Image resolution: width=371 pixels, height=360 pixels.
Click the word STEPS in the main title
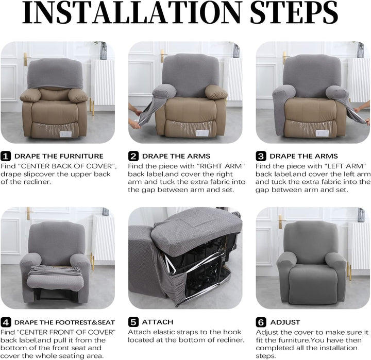click(294, 12)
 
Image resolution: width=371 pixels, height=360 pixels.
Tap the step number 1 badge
click(6, 156)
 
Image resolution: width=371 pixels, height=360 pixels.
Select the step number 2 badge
click(133, 156)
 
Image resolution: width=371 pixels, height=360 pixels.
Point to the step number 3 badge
click(261, 156)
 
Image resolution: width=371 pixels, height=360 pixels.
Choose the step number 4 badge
click(6, 322)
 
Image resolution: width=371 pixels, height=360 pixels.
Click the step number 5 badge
click(133, 322)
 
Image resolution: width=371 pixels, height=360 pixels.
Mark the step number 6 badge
click(261, 322)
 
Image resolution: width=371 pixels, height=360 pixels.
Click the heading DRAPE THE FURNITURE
click(59, 156)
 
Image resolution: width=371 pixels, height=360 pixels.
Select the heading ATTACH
click(158, 322)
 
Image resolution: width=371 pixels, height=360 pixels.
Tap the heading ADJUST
click(285, 322)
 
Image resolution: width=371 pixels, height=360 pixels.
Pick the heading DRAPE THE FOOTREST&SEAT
click(64, 322)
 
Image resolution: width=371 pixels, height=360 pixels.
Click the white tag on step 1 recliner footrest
click(66, 134)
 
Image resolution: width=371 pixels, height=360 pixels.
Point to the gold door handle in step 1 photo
click(26, 59)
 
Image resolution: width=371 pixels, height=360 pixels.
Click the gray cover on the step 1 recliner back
click(55, 74)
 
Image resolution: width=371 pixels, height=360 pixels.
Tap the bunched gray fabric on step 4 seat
click(55, 270)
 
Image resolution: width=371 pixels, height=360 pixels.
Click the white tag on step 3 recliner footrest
click(322, 133)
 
